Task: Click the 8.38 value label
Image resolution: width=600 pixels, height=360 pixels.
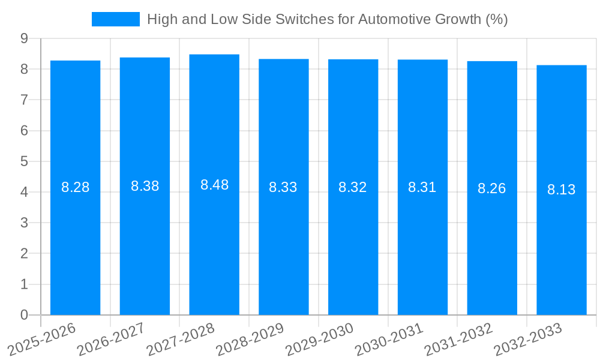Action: point(145,186)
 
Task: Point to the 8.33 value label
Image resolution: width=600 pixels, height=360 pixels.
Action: point(283,187)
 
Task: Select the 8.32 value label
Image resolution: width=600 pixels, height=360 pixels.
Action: point(353,187)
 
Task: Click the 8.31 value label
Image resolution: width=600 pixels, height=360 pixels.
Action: point(422,187)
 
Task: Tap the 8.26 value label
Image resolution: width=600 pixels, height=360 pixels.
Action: point(491,188)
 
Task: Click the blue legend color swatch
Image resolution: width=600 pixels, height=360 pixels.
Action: point(115,19)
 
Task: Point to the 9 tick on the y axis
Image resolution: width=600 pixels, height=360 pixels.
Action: point(24,38)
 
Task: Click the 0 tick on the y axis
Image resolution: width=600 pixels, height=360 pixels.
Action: point(24,315)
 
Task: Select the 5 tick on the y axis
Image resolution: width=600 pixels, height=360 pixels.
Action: point(24,161)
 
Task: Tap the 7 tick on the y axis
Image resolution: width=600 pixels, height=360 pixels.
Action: point(24,100)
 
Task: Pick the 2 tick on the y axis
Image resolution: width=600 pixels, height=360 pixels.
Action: point(24,254)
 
